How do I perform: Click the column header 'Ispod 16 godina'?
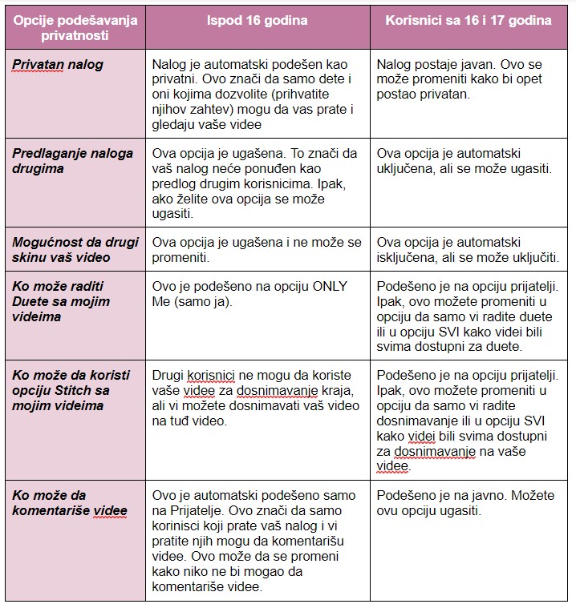click(257, 21)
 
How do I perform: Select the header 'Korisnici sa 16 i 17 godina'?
click(469, 21)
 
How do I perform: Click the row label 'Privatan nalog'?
click(58, 65)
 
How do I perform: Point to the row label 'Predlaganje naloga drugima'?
click(73, 161)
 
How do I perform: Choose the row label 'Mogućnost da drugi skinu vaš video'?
click(75, 250)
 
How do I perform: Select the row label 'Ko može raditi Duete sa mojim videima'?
click(61, 301)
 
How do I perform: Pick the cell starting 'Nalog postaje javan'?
click(458, 79)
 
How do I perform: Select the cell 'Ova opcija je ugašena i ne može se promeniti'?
click(257, 250)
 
